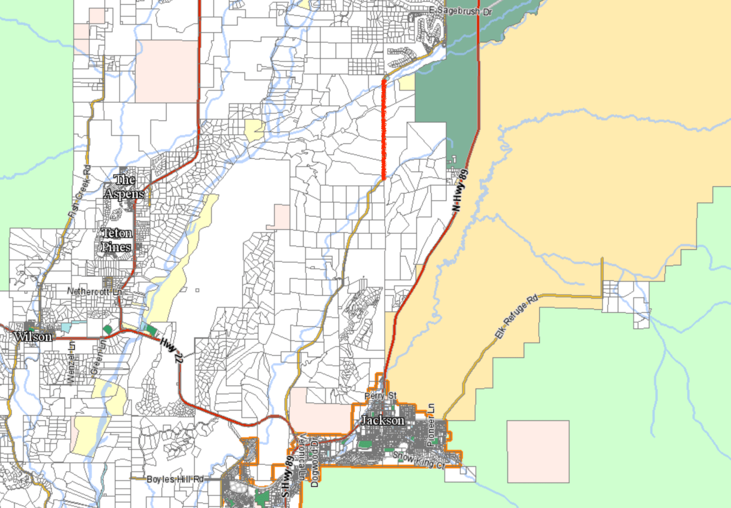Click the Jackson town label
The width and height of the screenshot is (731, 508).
[383, 420]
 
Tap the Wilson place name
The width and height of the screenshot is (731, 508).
[33, 337]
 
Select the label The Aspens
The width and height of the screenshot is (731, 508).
[124, 187]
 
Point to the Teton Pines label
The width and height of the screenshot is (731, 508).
[116, 240]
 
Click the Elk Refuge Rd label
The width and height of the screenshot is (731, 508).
[516, 316]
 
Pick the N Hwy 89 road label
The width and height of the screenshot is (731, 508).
[460, 190]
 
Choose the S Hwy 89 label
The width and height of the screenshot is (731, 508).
[287, 477]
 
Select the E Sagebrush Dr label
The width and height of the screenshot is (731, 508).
[461, 11]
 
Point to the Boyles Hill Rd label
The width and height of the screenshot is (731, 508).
[175, 479]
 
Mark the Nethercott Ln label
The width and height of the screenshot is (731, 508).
[95, 292]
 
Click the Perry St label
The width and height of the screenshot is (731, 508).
[380, 395]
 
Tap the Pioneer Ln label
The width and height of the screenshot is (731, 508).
[431, 424]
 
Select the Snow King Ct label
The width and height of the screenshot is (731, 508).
[419, 460]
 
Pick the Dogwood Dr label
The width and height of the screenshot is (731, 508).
[315, 463]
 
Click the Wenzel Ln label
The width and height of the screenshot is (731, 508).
[71, 362]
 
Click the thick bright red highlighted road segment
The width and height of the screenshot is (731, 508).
[383, 129]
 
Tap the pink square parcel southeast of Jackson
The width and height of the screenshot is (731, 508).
[538, 451]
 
